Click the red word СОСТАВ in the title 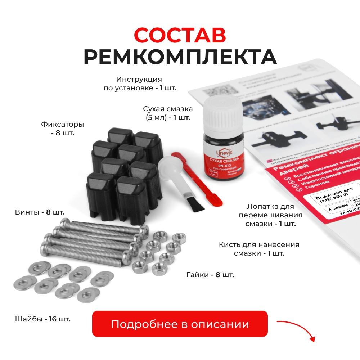pyautogui.click(x=180, y=35)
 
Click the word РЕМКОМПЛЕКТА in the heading pyautogui.click(x=180, y=57)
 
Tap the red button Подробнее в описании pyautogui.click(x=180, y=324)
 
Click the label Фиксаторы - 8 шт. pyautogui.click(x=62, y=129)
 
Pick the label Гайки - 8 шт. pyautogui.click(x=210, y=275)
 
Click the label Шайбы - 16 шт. pyautogui.click(x=42, y=319)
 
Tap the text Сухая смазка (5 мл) pyautogui.click(x=167, y=113)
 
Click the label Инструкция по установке pyautogui.click(x=140, y=84)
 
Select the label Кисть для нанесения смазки pyautogui.click(x=259, y=249)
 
